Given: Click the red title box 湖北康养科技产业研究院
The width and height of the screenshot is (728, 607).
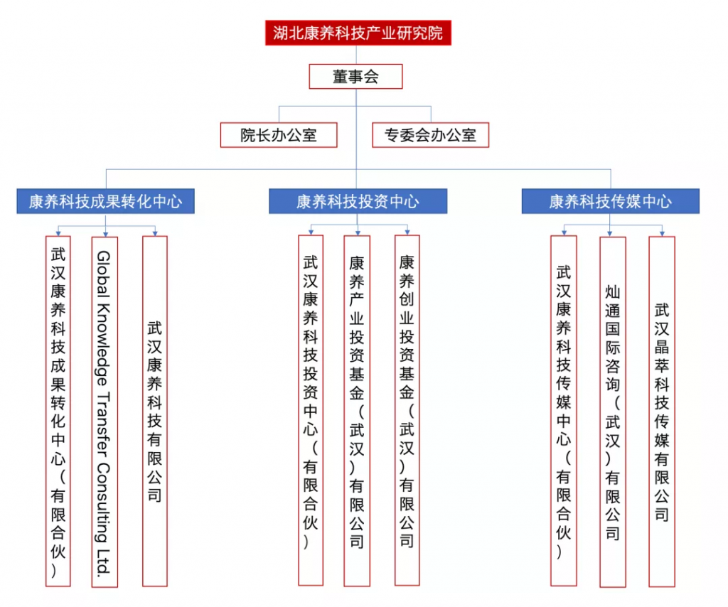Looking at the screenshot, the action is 358,33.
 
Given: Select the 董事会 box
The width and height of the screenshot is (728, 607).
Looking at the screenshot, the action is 355,77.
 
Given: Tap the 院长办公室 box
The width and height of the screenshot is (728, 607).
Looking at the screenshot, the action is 279,135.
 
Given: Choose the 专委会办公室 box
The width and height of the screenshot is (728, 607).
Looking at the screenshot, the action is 430,135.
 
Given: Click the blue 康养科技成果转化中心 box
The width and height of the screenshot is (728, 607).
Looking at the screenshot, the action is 105,201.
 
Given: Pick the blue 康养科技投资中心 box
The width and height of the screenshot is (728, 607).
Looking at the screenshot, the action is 358,201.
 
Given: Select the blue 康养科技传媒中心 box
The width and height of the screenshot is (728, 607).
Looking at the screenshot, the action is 611,201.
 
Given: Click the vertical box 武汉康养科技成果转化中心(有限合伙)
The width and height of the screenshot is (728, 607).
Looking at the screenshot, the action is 58,411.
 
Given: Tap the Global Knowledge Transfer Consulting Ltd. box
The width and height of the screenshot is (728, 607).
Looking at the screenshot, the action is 105,412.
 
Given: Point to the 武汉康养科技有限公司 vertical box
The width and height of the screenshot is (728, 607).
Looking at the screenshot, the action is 154,411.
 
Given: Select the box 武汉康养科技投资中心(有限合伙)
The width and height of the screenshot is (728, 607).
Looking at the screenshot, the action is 311,410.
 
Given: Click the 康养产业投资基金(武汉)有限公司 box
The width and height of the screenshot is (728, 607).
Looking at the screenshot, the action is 357,411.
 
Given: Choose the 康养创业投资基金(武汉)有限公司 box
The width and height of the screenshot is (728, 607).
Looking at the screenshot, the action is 407,410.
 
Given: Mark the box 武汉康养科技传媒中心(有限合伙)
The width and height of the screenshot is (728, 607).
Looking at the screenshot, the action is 564,411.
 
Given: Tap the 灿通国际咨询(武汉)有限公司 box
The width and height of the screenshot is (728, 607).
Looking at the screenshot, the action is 613,412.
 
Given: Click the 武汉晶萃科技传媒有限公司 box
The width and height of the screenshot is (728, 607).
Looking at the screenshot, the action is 662,412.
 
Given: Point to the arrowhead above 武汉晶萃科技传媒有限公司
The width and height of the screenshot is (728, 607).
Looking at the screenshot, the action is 662,233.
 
